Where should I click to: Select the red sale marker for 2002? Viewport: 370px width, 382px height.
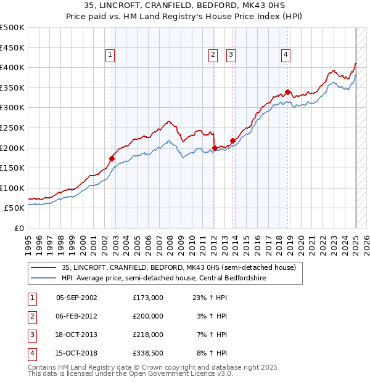point(112,158)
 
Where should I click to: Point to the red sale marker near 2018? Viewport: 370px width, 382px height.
point(288,92)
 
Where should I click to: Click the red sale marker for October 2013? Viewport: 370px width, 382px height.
point(233,140)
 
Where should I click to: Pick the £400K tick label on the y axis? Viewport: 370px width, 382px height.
point(12,68)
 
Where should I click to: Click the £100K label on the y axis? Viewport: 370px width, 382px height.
point(12,189)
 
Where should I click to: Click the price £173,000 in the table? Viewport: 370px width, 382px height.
point(147,298)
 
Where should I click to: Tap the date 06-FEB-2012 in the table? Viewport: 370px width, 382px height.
point(76,316)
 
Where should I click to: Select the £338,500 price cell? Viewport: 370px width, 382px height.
point(147,353)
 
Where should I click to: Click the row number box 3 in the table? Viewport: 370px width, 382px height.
point(31,335)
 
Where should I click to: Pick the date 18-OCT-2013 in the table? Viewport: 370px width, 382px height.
point(76,335)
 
